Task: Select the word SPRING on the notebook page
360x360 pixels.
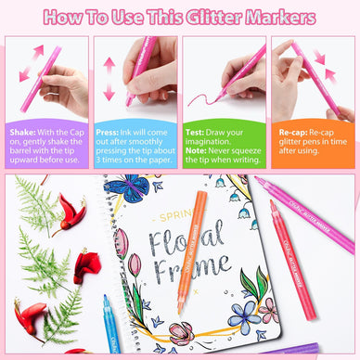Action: pyautogui.click(x=158, y=219)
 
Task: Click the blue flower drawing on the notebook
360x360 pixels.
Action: pyautogui.click(x=214, y=310)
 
